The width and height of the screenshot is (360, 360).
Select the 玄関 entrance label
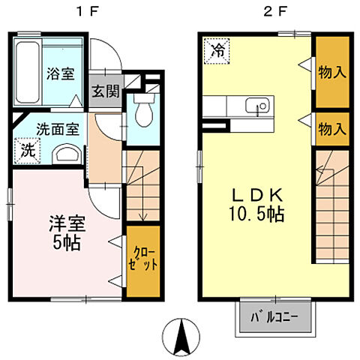tap(105, 91)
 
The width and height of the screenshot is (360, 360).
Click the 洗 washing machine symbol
tap(27, 148)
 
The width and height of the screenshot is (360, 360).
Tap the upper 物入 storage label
tap(331, 72)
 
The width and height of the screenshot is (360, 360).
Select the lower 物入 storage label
tap(331, 129)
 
